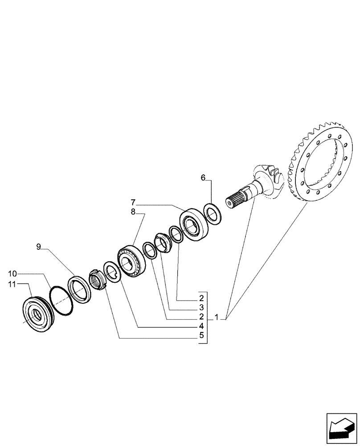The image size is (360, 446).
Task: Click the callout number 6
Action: pos(203,178)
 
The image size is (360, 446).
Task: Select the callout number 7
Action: pos(133,202)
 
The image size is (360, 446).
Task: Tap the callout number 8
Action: pos(133,212)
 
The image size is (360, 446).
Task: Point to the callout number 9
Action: pos(39,246)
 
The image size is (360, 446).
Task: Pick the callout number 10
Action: pos(12,273)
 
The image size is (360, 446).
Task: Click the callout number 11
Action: pos(12,283)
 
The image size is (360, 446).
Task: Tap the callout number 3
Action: pos(201,308)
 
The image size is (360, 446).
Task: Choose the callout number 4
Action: pos(201,326)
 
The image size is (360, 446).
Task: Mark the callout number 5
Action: pos(201,336)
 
